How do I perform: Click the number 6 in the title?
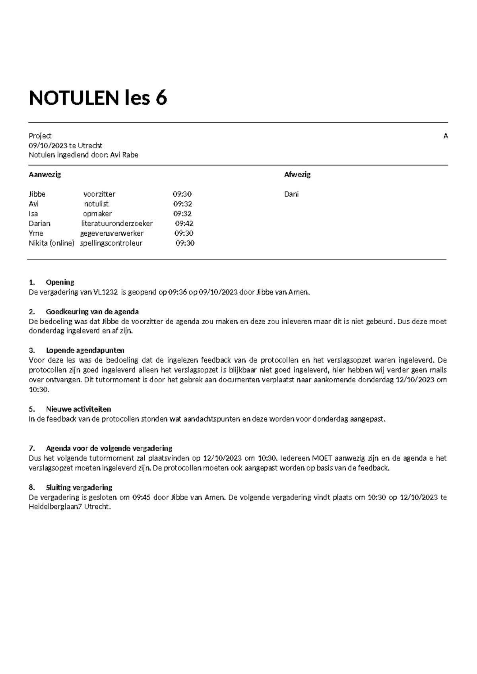[161, 98]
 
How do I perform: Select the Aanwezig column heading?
[45, 174]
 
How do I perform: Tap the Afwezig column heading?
[297, 174]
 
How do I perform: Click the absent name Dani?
[291, 194]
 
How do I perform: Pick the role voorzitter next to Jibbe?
[99, 194]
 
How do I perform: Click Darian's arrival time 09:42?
[184, 224]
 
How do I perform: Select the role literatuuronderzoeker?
[117, 224]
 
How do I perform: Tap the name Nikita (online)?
[51, 243]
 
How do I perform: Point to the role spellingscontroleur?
[111, 243]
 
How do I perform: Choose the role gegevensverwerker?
[112, 233]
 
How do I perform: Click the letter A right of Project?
[446, 136]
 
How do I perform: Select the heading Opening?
[60, 282]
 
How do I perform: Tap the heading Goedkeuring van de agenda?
[92, 312]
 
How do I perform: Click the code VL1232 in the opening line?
[105, 292]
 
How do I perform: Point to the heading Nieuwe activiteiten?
[78, 409]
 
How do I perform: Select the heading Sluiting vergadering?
[79, 487]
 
